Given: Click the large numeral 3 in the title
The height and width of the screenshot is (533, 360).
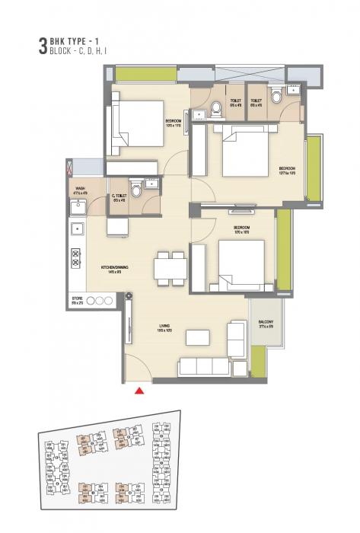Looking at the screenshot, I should point(31,43).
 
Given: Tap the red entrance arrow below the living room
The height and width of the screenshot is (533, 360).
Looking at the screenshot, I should point(139,391).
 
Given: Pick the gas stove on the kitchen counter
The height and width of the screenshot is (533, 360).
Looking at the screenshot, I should point(77,259).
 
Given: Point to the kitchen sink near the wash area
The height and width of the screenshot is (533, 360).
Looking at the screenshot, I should point(76,228).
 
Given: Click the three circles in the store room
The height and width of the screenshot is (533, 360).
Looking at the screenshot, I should point(97,299).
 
